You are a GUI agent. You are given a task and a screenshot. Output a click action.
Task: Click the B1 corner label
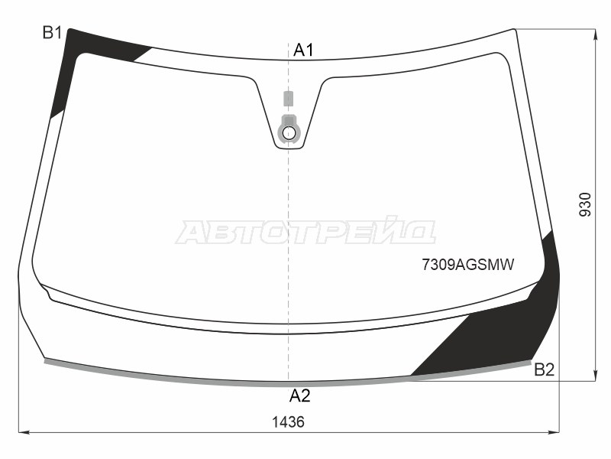click(52, 33)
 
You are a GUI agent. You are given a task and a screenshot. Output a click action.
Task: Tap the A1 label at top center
click(303, 50)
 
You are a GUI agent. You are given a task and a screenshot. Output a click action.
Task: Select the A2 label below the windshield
click(299, 396)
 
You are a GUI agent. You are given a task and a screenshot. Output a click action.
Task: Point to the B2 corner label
click(544, 369)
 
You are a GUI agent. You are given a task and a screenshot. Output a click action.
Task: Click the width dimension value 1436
click(288, 422)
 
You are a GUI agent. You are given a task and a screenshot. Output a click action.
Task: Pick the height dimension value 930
click(585, 204)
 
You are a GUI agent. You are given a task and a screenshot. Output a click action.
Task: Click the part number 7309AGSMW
click(468, 265)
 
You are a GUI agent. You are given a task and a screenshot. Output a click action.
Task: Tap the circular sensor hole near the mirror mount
click(289, 132)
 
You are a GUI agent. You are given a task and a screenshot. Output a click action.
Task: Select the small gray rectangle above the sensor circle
click(288, 99)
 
